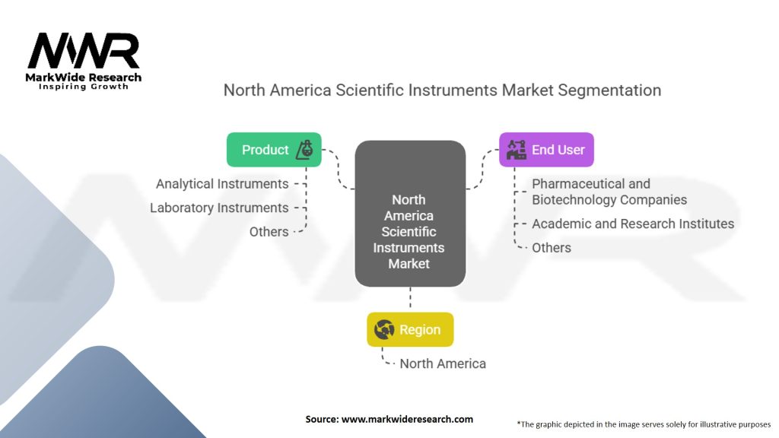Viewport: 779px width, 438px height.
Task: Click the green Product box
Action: click(274, 150)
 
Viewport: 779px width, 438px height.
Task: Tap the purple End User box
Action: click(546, 150)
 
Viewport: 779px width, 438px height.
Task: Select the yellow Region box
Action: click(410, 329)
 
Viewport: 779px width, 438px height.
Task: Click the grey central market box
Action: click(410, 214)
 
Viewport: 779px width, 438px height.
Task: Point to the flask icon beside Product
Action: click(304, 150)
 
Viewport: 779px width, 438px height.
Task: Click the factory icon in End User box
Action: click(517, 150)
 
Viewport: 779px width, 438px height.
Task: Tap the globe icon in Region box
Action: click(384, 329)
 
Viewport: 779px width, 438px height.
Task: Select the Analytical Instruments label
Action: click(222, 184)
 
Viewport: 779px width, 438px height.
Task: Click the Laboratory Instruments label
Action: click(219, 208)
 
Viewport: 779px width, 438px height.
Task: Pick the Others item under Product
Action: click(269, 231)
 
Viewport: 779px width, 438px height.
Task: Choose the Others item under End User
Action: click(552, 247)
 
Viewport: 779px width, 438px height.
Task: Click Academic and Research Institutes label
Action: click(633, 224)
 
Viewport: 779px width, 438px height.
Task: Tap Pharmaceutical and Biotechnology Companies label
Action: click(609, 192)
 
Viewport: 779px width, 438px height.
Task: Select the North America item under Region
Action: click(443, 363)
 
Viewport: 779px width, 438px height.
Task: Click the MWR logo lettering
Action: click(84, 51)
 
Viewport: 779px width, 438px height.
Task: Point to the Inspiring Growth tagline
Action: click(84, 87)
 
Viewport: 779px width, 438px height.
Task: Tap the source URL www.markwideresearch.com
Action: click(408, 419)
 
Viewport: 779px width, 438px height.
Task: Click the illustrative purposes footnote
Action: click(644, 424)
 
